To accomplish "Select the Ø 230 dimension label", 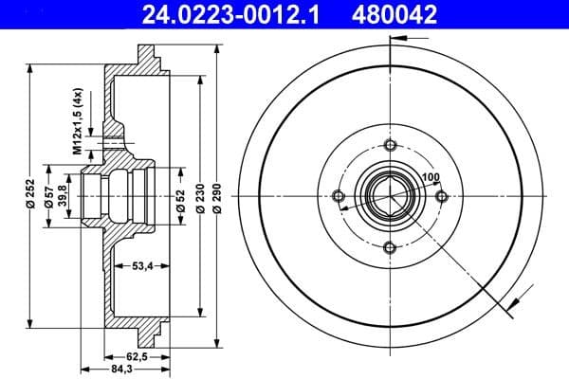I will [x=200, y=196].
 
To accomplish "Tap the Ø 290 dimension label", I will [x=218, y=196].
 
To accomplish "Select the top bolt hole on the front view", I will [x=389, y=145].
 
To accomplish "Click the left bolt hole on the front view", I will [x=338, y=196].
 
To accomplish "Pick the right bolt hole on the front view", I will [x=440, y=196].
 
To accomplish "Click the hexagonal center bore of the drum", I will [x=389, y=196].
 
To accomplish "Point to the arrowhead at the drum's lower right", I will [x=511, y=304].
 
